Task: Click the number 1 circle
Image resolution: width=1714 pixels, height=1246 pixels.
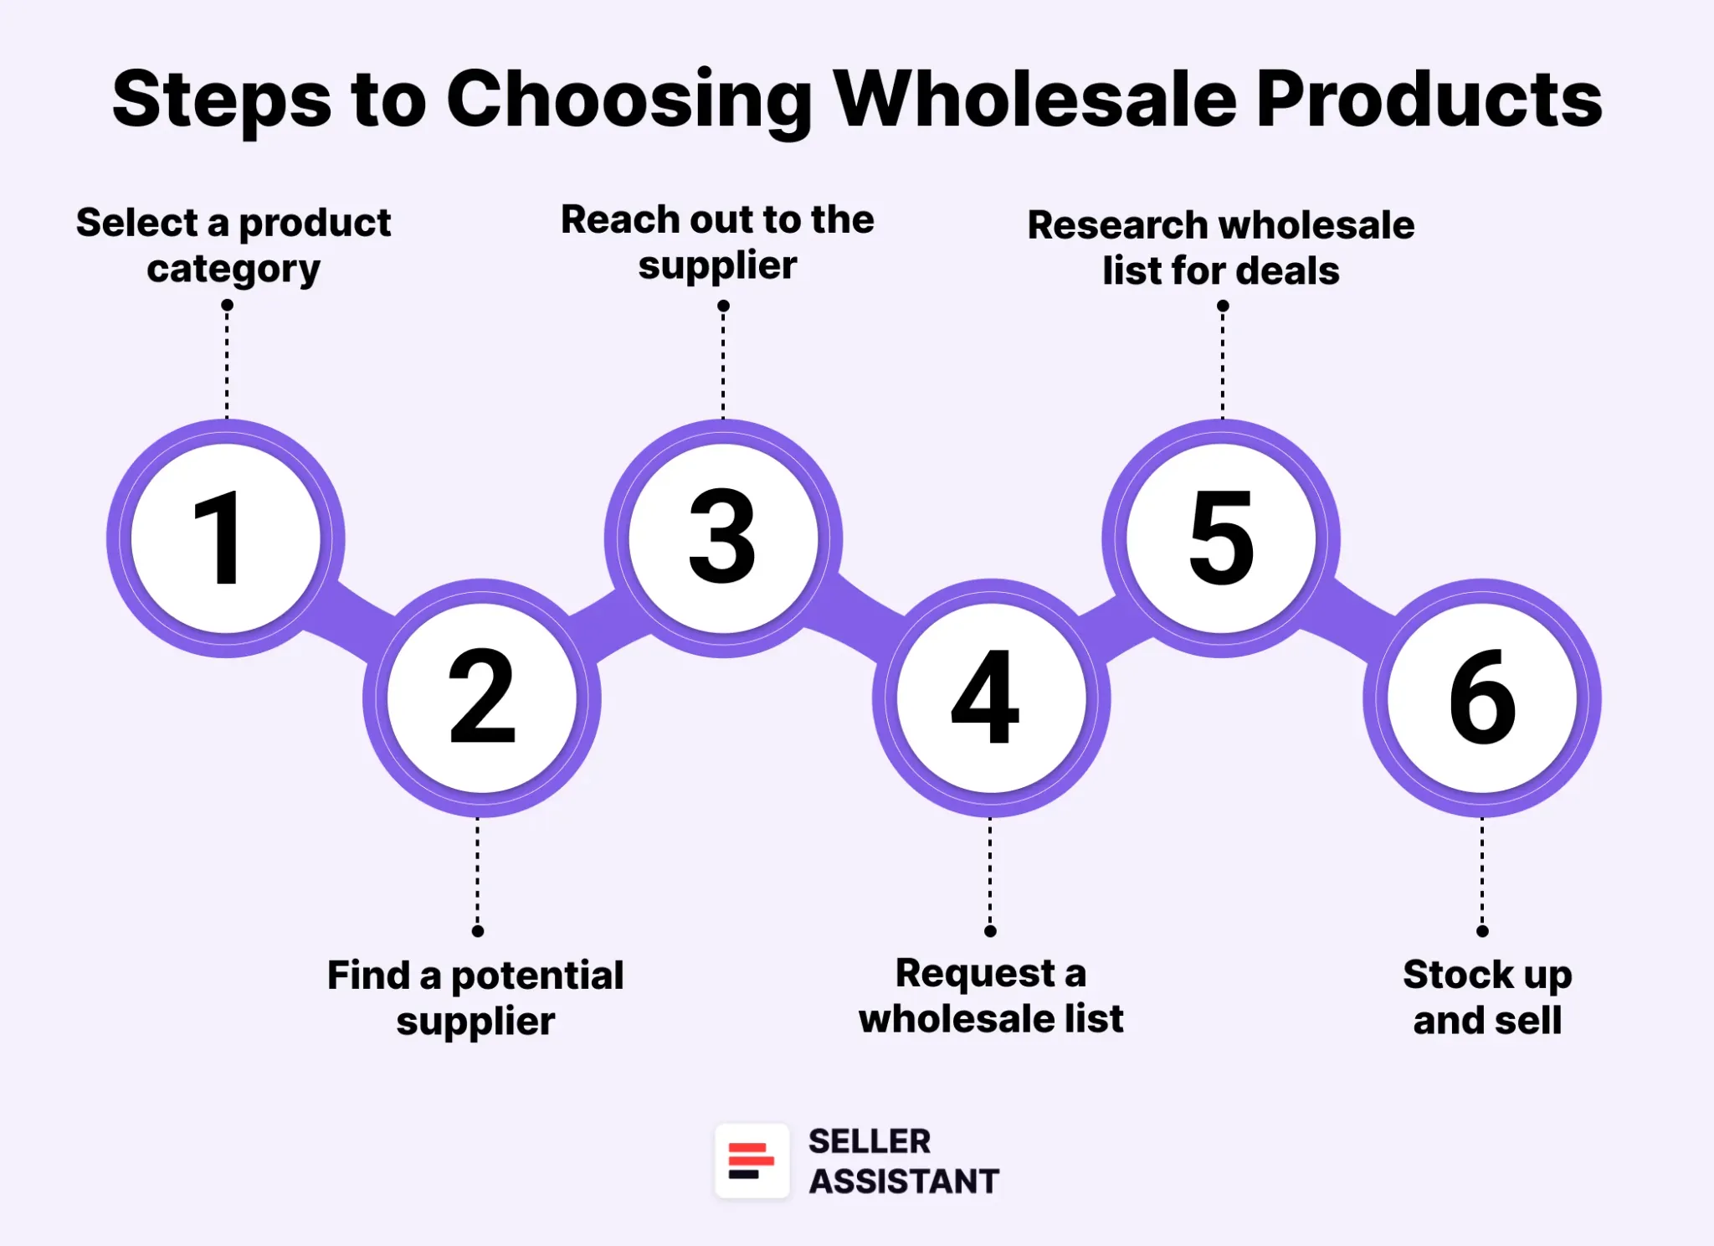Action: [226, 538]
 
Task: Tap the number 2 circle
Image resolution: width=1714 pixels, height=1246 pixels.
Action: [482, 698]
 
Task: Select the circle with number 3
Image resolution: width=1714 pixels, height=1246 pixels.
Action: [723, 538]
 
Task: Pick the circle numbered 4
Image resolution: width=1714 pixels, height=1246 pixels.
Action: [991, 698]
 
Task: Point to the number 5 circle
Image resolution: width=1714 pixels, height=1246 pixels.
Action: [1221, 538]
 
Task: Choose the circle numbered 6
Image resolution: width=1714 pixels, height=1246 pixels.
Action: [1482, 698]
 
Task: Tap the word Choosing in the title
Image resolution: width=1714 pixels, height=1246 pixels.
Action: [629, 100]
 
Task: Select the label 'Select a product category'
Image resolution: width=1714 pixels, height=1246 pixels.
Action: [233, 245]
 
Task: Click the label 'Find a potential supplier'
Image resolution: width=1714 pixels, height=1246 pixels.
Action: [475, 998]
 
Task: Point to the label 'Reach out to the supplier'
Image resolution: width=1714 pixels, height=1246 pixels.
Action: [717, 242]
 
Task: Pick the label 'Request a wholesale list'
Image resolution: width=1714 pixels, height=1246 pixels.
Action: [991, 996]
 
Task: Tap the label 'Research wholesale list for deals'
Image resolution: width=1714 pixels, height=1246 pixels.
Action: [1221, 248]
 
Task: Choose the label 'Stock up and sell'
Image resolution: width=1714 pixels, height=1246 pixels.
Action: [1487, 997]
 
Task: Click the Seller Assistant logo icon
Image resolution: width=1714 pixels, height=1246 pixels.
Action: [752, 1161]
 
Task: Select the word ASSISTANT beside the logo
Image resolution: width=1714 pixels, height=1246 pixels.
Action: [904, 1182]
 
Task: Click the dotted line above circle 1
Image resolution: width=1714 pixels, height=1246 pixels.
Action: [227, 362]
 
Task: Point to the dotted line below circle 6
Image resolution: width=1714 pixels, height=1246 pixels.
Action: [1482, 873]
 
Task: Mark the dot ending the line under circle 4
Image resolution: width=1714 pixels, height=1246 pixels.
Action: [990, 931]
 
